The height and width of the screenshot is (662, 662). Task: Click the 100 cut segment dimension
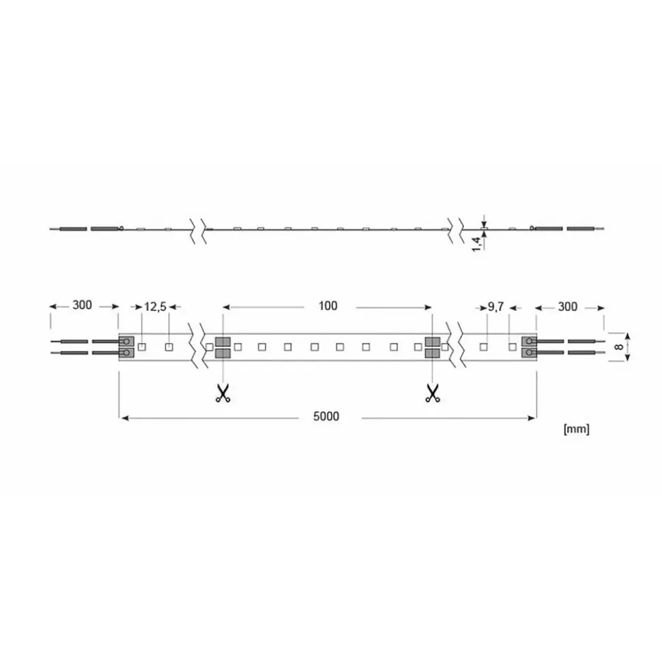tap(328, 306)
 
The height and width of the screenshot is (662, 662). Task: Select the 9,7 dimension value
tap(495, 307)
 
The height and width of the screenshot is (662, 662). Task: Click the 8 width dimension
tap(619, 346)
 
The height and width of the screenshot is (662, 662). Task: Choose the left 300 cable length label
tap(82, 305)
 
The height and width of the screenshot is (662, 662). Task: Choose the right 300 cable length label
tap(567, 307)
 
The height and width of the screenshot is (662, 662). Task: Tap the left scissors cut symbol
tap(222, 393)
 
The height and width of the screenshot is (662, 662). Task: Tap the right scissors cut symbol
tap(431, 393)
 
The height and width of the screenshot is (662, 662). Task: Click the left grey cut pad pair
tap(222, 347)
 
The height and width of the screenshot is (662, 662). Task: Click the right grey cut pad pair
tap(433, 347)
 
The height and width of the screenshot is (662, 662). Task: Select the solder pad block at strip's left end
tap(126, 347)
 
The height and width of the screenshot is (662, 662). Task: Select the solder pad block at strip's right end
tap(529, 347)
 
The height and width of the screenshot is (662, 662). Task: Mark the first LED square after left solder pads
tap(142, 347)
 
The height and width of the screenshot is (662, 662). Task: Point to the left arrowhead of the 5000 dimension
tap(122, 418)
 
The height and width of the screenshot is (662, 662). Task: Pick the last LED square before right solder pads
tap(512, 347)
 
